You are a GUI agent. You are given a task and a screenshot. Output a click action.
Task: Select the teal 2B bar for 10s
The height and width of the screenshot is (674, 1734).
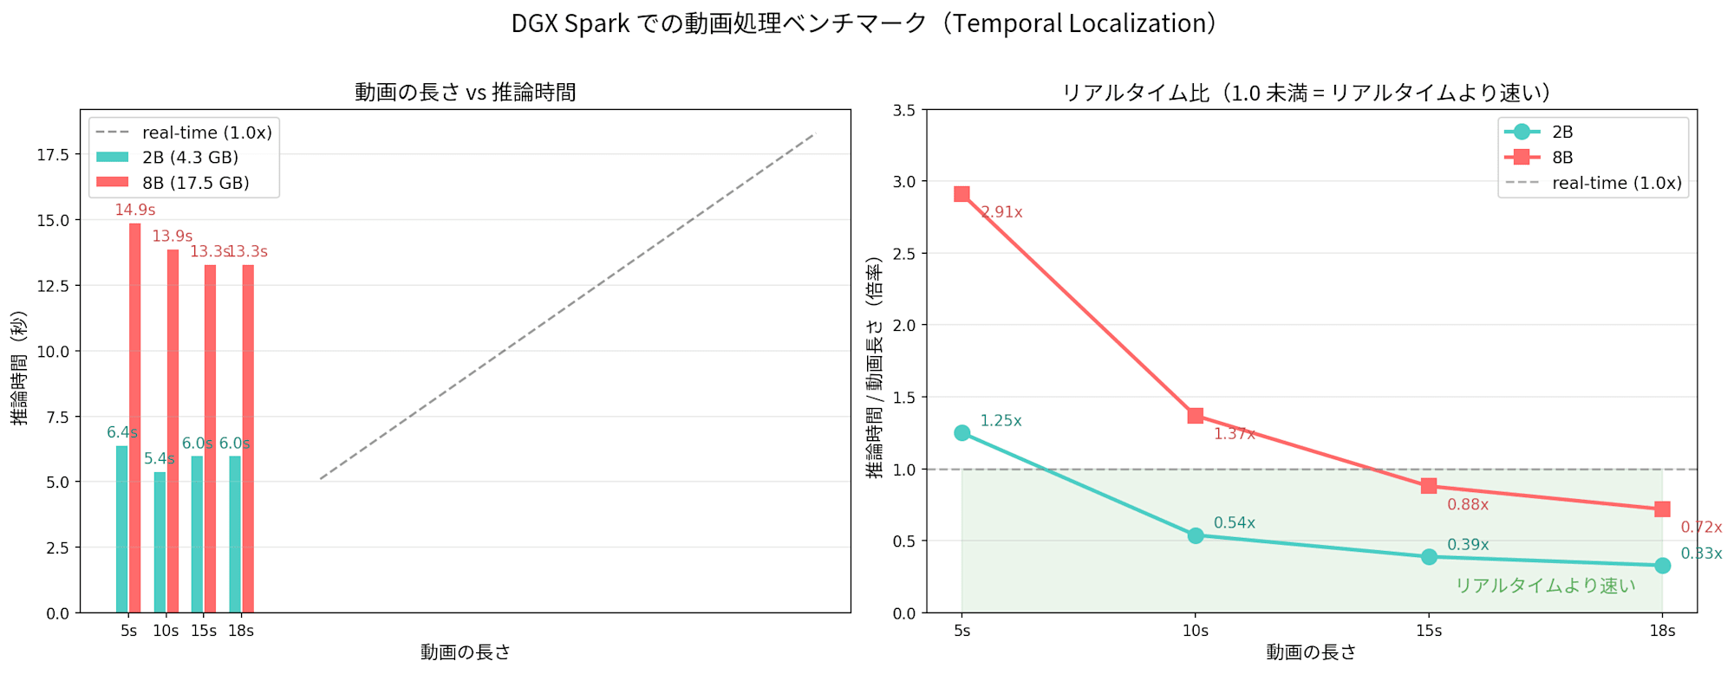coord(160,542)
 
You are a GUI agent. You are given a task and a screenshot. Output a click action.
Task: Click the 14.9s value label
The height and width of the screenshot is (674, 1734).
coord(135,210)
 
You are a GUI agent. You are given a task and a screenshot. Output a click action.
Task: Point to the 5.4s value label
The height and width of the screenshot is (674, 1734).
coord(160,458)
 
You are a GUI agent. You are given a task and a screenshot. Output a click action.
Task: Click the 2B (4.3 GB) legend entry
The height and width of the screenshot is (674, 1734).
coord(190,158)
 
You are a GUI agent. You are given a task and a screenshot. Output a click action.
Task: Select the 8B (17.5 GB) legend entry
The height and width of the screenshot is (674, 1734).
coord(195,183)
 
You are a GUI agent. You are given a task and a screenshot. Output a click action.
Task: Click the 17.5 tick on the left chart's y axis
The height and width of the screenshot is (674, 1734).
coord(53,154)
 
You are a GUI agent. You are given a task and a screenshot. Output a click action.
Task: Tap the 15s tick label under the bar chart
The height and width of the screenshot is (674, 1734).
coord(204,631)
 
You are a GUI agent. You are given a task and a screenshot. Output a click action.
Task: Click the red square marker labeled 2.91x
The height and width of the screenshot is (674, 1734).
coord(962,194)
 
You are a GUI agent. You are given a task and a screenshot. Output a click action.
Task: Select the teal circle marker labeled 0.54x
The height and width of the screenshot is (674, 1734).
coord(1196,535)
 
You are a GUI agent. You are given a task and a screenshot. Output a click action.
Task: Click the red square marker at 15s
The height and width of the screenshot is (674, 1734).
coord(1429,486)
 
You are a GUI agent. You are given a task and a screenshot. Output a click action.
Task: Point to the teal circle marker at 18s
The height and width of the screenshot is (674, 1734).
coord(1662,566)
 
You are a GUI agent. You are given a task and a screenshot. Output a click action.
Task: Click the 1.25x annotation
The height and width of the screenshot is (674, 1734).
coord(1001,421)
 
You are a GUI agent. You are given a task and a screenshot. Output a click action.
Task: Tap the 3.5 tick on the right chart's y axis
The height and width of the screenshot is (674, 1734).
coord(904,110)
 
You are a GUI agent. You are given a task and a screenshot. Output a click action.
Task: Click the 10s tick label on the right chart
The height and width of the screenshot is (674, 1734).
coord(1196,631)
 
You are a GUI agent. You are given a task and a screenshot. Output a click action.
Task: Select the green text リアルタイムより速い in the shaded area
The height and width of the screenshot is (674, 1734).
coord(1545,586)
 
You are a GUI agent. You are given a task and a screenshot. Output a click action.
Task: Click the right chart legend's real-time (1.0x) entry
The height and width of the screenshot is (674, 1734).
coord(1616,183)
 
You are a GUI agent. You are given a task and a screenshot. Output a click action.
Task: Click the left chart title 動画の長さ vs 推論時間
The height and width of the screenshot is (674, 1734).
coord(466,92)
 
